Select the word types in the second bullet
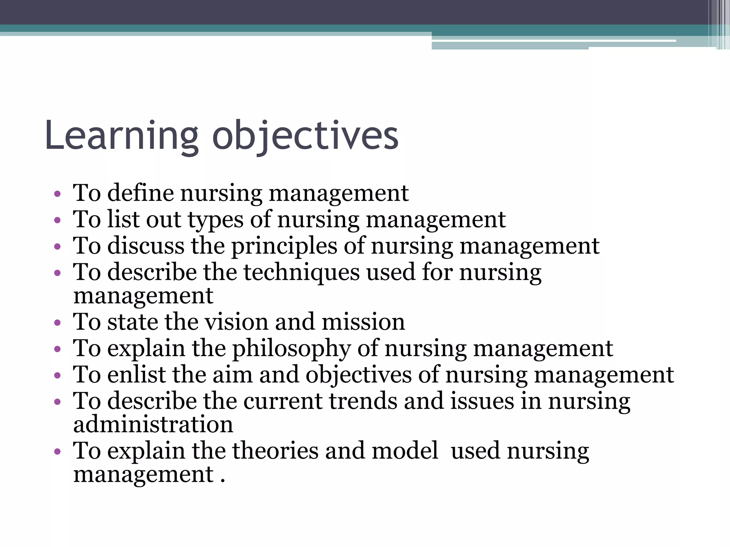(216, 220)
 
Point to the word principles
(284, 246)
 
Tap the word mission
(363, 322)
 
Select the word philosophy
(292, 349)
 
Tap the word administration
(153, 424)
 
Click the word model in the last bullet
(405, 451)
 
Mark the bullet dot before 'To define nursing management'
(57, 194)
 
